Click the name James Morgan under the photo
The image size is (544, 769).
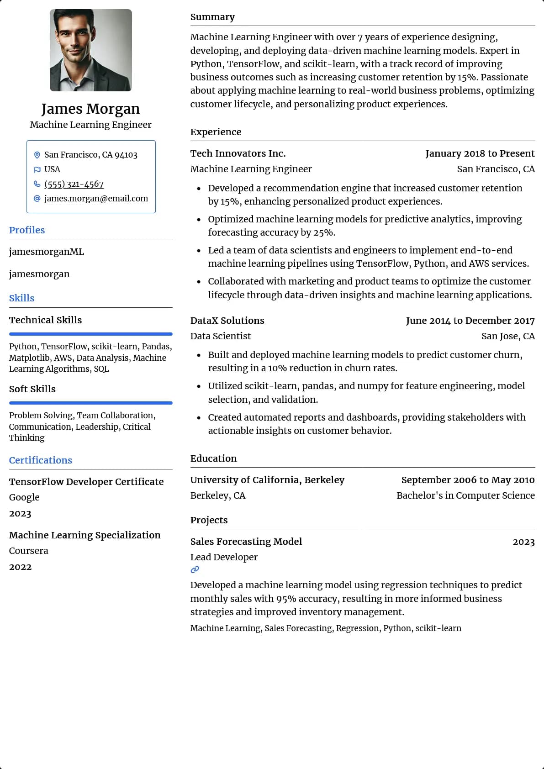(90, 109)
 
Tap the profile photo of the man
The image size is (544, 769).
(91, 50)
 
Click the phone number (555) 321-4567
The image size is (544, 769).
(74, 184)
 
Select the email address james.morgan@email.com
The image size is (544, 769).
(96, 199)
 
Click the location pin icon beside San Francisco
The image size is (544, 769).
(37, 155)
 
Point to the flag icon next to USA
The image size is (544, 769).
(37, 169)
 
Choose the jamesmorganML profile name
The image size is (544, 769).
(47, 252)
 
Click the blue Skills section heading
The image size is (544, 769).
(22, 298)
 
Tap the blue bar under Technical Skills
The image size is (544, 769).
(91, 334)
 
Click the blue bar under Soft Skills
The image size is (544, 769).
(91, 403)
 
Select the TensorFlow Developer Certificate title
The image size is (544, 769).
(86, 482)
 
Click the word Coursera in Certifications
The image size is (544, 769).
(29, 551)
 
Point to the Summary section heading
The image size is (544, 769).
(212, 17)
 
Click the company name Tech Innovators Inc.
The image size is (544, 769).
(238, 153)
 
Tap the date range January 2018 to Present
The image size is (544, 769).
(480, 153)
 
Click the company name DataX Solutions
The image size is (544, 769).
(227, 321)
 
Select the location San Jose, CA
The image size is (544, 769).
(508, 336)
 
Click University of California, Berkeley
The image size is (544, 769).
(267, 480)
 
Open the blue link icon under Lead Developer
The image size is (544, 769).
(195, 569)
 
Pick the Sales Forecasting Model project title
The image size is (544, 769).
(246, 542)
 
